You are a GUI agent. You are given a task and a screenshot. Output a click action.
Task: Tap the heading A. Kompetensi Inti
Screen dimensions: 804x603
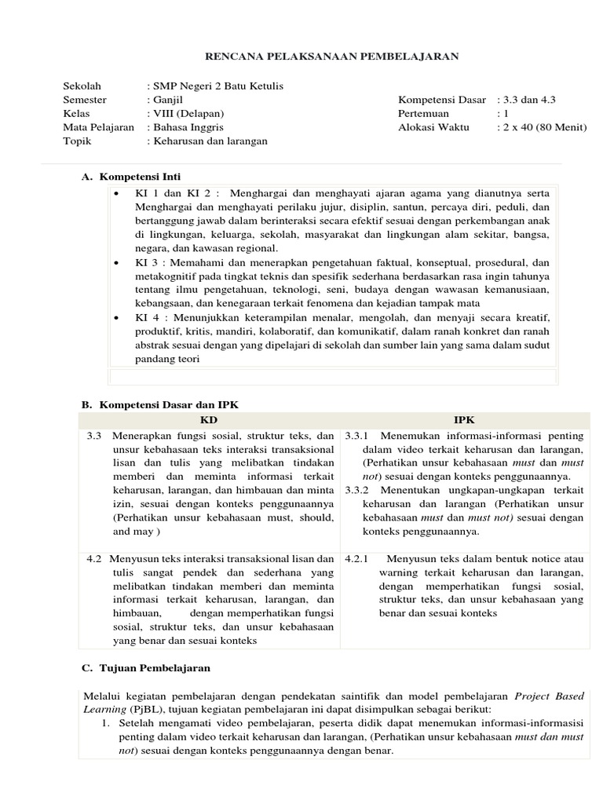(132, 177)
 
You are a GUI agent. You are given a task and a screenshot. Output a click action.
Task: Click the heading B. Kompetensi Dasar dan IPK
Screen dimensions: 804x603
(160, 404)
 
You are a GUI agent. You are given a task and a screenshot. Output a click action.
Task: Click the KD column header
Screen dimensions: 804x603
(209, 420)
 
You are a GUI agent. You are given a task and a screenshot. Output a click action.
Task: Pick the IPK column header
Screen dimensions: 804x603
(464, 420)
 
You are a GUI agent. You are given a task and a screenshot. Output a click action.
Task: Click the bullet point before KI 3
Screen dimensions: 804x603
(117, 262)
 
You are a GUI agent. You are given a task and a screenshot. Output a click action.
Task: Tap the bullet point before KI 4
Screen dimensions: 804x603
(117, 317)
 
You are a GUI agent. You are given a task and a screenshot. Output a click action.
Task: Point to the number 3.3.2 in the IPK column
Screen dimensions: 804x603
(359, 489)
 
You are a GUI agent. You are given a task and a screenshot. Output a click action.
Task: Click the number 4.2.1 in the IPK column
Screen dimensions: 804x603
(359, 559)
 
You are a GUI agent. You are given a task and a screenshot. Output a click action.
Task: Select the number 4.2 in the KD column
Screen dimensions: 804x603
(94, 559)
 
